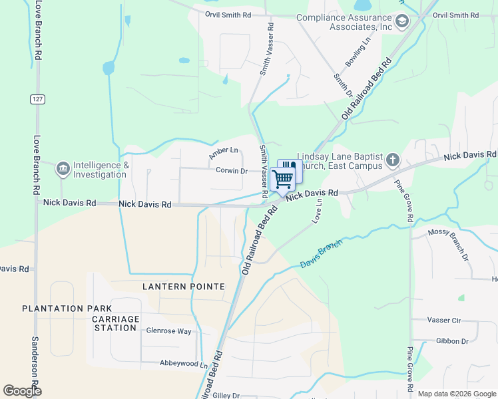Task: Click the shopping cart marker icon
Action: pos(283,179)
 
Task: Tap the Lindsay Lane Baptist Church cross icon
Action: pos(393,160)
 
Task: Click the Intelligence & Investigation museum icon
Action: pos(63,170)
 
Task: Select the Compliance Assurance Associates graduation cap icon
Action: pos(402,22)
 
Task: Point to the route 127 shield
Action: pos(37,98)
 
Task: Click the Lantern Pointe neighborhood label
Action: pos(184,286)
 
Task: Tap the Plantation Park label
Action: pos(63,309)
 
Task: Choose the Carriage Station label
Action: pos(115,324)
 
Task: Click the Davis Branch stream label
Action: pos(320,254)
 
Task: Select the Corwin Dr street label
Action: pos(232,170)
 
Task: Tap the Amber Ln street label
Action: pos(223,154)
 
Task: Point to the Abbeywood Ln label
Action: pos(184,364)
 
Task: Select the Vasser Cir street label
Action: pos(447,321)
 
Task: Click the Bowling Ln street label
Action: pos(358,54)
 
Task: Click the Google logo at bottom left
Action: pos(22,391)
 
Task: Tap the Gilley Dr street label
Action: pos(226,395)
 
